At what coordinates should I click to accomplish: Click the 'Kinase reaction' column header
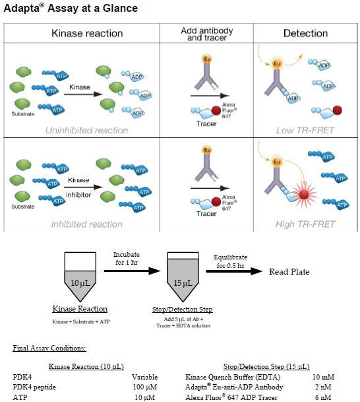87,33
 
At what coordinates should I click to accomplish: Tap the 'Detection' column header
305,33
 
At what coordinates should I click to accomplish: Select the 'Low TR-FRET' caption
305,130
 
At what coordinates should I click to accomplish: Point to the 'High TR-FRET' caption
305,224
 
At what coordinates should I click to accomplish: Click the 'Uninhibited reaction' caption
87,130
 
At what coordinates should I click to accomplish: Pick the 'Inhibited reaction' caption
87,224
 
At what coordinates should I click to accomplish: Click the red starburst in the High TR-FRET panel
304,194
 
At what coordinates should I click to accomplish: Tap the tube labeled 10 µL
80,277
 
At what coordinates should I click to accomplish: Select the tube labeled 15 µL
183,277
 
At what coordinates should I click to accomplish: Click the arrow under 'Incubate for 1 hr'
132,271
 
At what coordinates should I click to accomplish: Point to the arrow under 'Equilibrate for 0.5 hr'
234,271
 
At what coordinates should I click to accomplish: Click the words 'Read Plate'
289,272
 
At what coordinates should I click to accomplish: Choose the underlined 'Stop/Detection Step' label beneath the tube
182,310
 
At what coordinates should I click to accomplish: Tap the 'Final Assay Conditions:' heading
49,348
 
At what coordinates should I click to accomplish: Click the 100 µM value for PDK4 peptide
145,387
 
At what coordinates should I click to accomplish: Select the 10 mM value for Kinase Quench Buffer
323,377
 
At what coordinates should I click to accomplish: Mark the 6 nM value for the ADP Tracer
323,397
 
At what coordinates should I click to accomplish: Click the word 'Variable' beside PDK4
145,377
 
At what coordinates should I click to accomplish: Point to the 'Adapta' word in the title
22,9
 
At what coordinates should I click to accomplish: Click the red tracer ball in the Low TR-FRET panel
337,110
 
